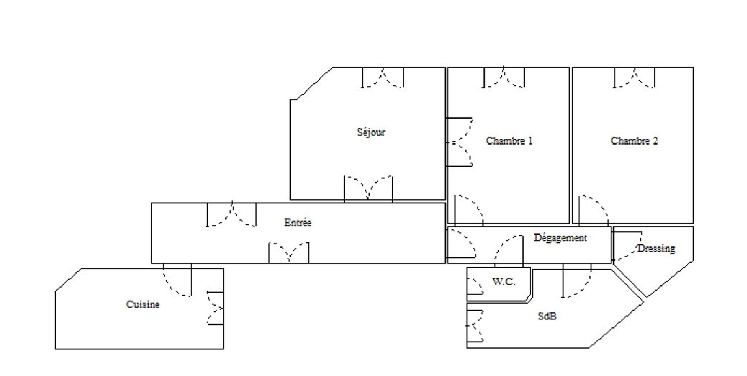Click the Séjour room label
371,132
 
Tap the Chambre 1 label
509,141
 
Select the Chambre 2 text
634,141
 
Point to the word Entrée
298,222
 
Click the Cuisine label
143,304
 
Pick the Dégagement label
561,238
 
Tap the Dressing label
657,249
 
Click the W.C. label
503,281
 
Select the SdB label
547,316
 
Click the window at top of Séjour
383,77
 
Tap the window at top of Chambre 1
504,77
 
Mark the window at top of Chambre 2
634,77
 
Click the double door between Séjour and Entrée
368,188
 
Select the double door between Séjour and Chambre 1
460,143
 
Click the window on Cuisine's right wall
215,308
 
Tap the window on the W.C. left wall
475,286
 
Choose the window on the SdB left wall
475,326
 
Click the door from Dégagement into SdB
577,280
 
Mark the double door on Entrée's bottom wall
289,253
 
